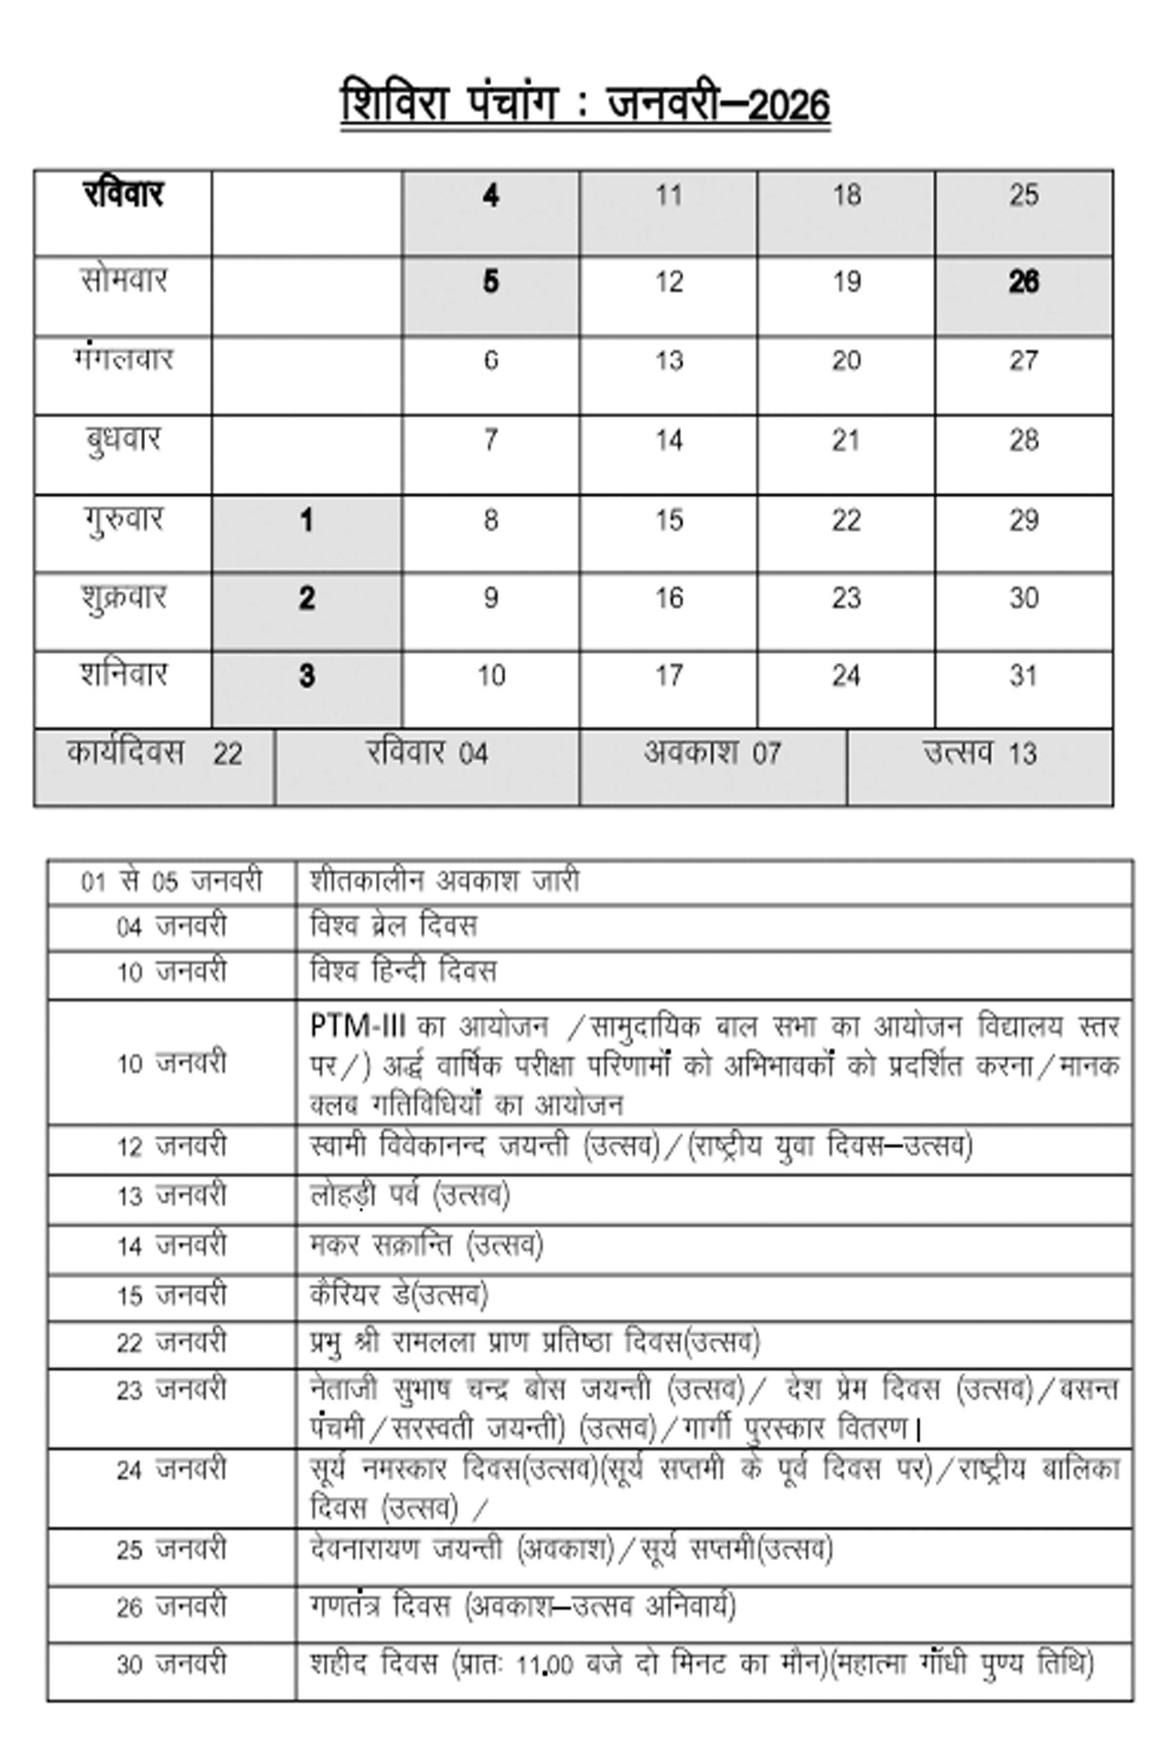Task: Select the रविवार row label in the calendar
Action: click(123, 195)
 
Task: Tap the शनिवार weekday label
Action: click(123, 675)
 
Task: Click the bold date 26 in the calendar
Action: click(1023, 282)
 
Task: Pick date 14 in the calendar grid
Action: click(669, 440)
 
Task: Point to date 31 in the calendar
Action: click(1023, 676)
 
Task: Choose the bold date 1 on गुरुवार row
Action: click(307, 520)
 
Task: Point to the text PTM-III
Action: click(357, 1027)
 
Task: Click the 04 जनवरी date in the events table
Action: click(171, 927)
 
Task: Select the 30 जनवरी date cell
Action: click(171, 1663)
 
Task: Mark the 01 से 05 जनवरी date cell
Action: click(171, 882)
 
